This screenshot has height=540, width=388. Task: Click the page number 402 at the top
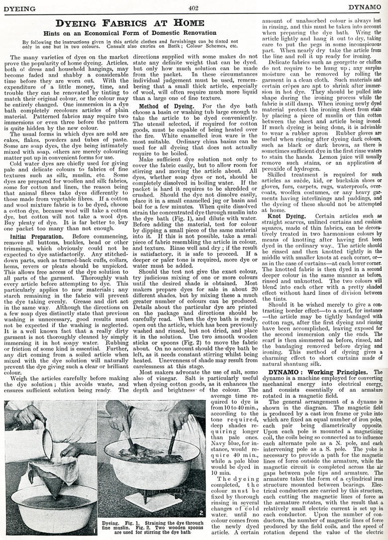(x=194, y=7)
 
